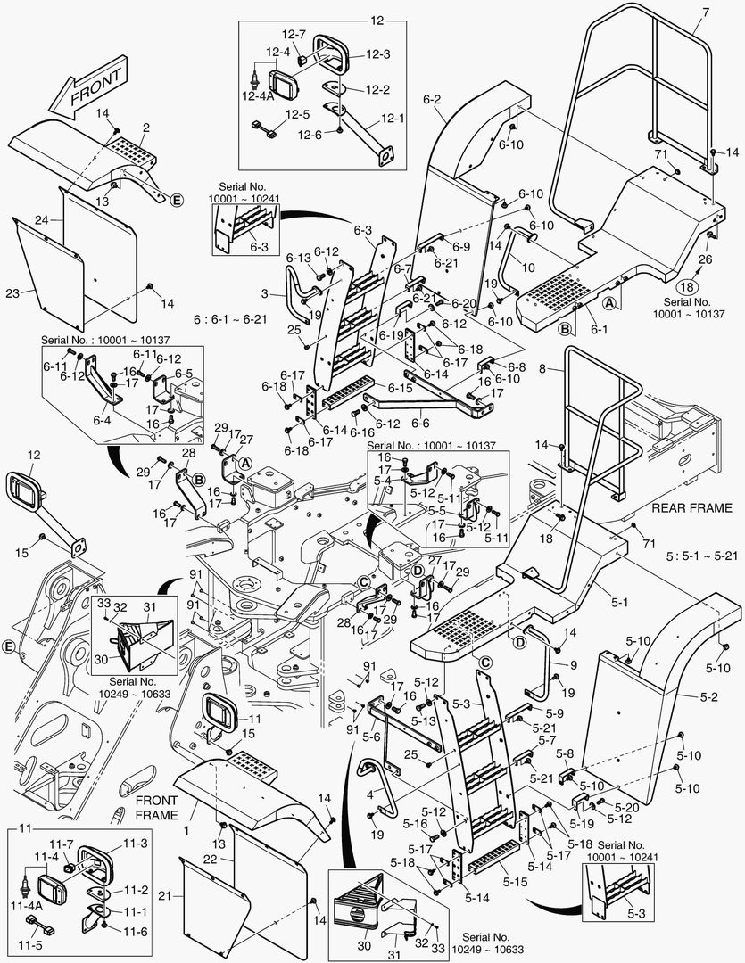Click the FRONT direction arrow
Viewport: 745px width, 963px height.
(x=86, y=93)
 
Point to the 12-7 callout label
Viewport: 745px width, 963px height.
(x=294, y=34)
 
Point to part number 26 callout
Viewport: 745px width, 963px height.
(x=707, y=259)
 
